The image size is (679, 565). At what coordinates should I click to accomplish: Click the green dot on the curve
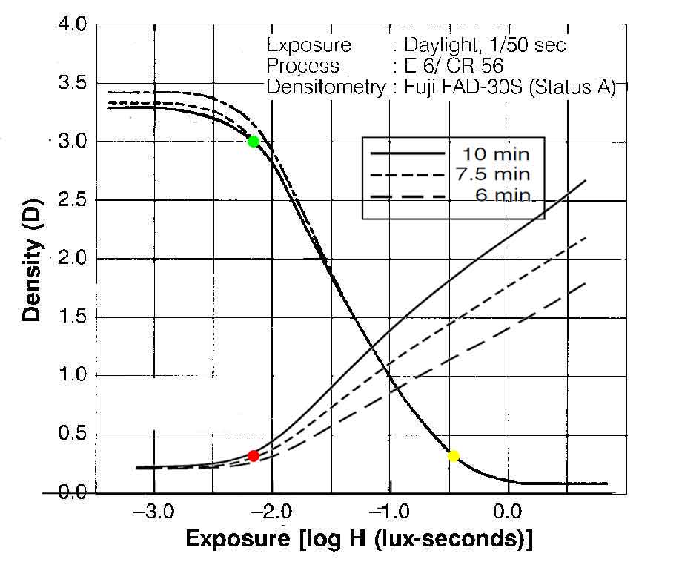[x=253, y=142]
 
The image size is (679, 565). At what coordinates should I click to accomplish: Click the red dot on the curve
[x=253, y=456]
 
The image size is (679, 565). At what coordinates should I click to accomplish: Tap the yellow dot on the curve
[x=454, y=455]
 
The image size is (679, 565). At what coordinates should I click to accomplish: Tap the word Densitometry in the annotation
[x=326, y=87]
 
